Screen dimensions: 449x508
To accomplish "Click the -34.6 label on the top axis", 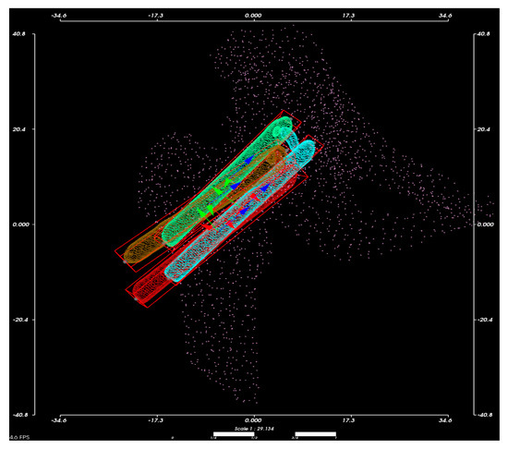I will pyautogui.click(x=63, y=16).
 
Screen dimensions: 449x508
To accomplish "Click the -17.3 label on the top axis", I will pyautogui.click(x=159, y=16).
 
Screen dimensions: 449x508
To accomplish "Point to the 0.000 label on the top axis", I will pyautogui.click(x=253, y=16).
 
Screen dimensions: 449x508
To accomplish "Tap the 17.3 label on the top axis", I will pyautogui.click(x=349, y=16).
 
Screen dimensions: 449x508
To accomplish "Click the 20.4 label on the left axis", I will pyautogui.click(x=20, y=129).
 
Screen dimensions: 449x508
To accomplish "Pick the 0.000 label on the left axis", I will pyautogui.click(x=20, y=224).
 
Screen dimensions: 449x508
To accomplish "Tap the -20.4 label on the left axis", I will pyautogui.click(x=18, y=320).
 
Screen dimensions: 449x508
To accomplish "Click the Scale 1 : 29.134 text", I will pyautogui.click(x=253, y=429).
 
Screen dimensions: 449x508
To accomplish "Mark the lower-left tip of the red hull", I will pyautogui.click(x=137, y=297).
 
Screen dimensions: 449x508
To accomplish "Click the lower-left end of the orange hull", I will pyautogui.click(x=124, y=261).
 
